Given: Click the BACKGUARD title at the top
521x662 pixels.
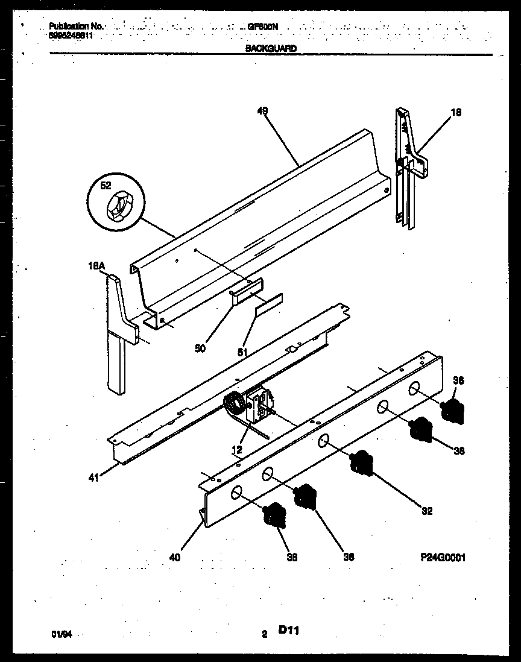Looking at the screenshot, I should [x=271, y=48].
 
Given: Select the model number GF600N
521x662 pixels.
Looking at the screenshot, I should [x=263, y=27].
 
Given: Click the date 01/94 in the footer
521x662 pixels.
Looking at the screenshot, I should [x=59, y=634].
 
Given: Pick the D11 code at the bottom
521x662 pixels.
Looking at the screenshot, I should [x=289, y=631].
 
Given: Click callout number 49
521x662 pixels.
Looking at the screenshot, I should [x=262, y=111].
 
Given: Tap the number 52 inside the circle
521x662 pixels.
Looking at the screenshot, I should [x=106, y=186].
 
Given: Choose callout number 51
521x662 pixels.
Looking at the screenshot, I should [x=242, y=351].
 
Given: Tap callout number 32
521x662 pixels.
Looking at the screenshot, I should [x=427, y=512].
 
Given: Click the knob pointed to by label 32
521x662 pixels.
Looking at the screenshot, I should [x=361, y=463].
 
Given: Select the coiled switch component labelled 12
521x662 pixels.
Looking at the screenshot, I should [x=234, y=405].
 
